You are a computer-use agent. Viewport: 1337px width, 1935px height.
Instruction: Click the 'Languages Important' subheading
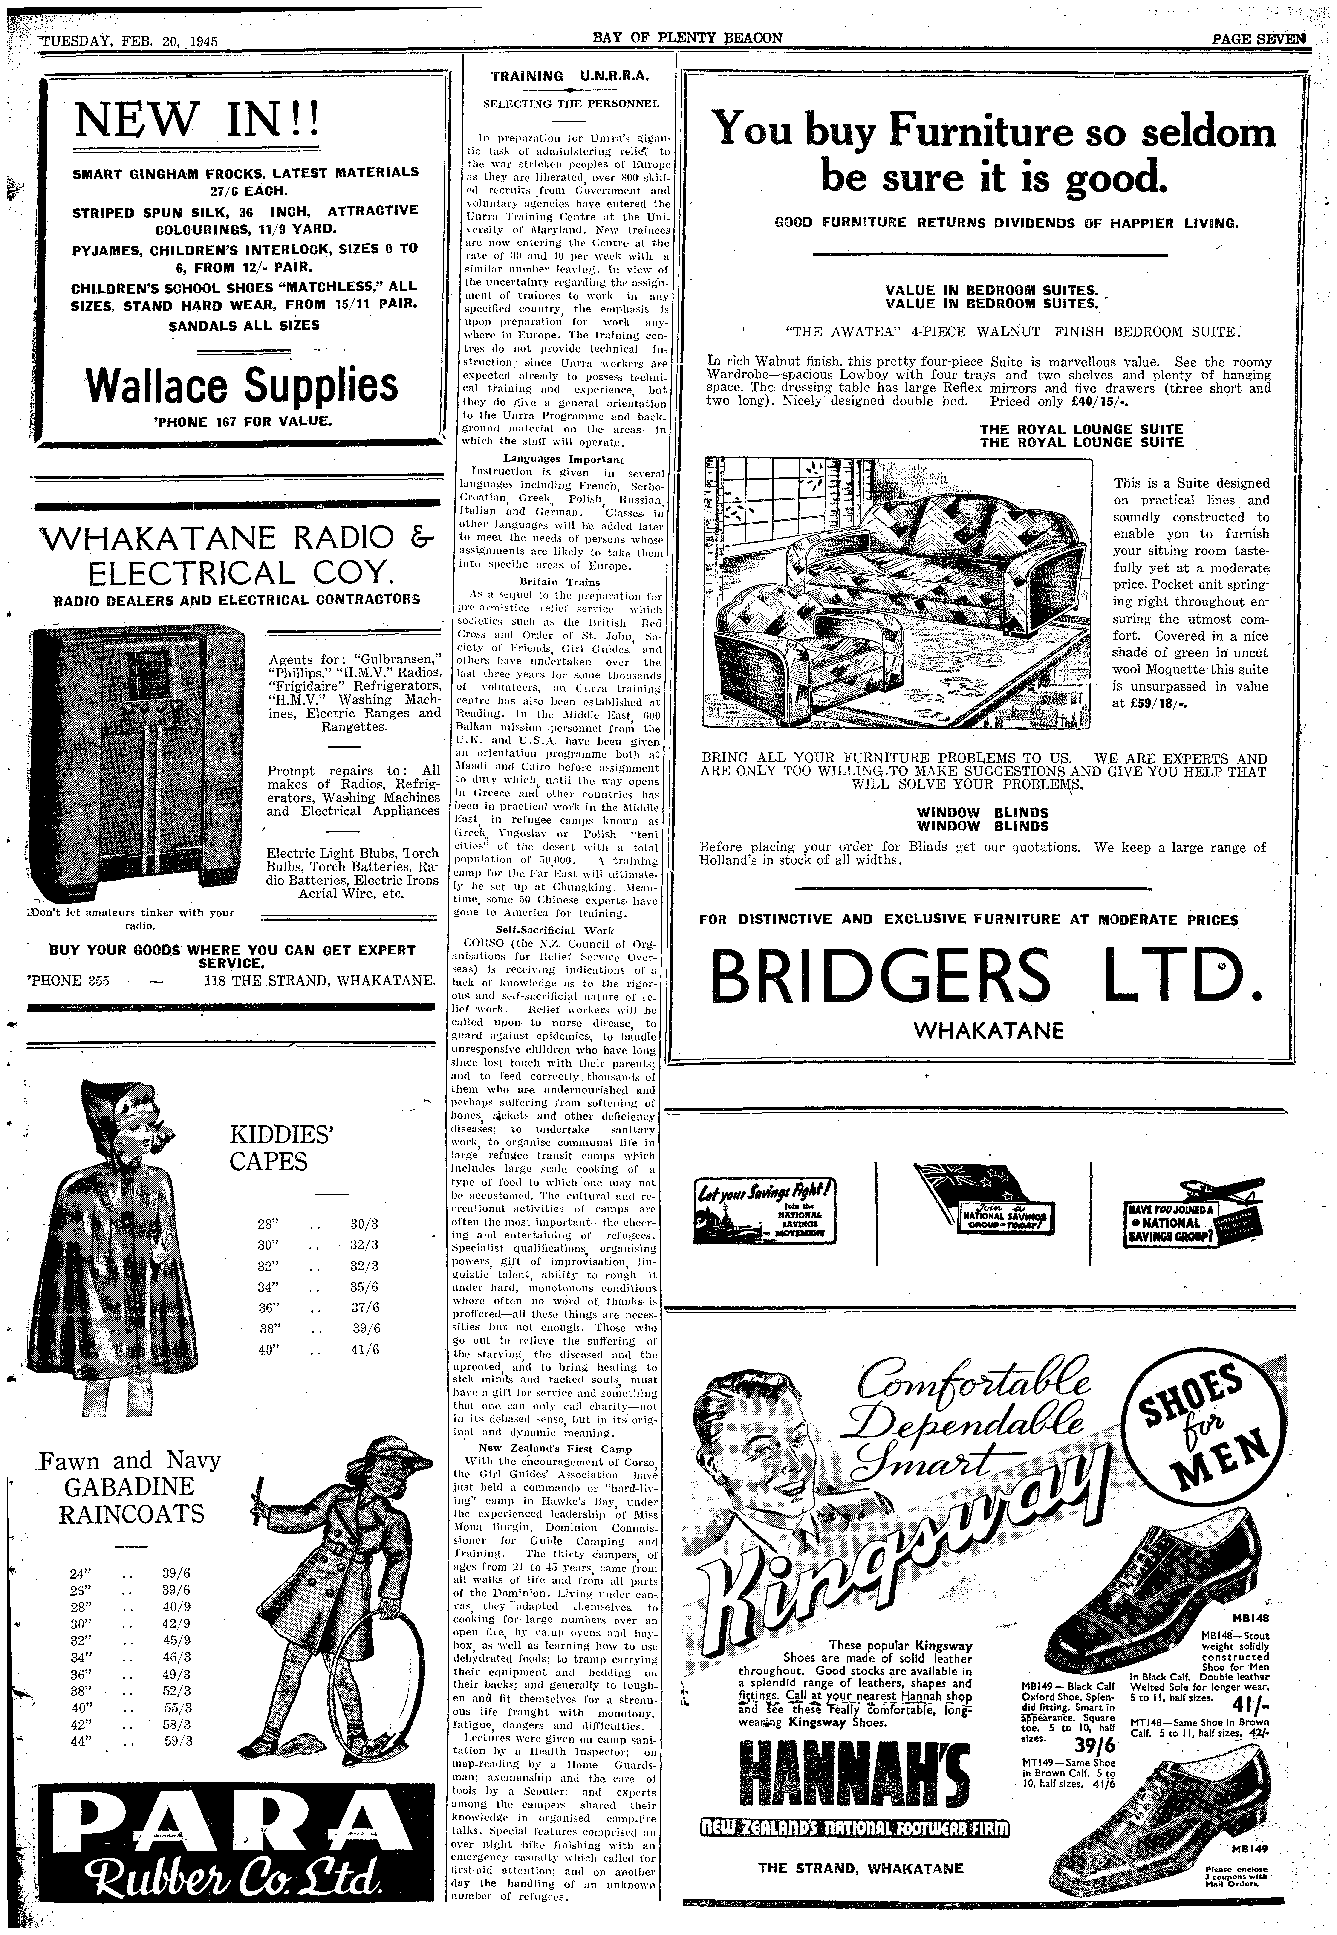tap(563, 459)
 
